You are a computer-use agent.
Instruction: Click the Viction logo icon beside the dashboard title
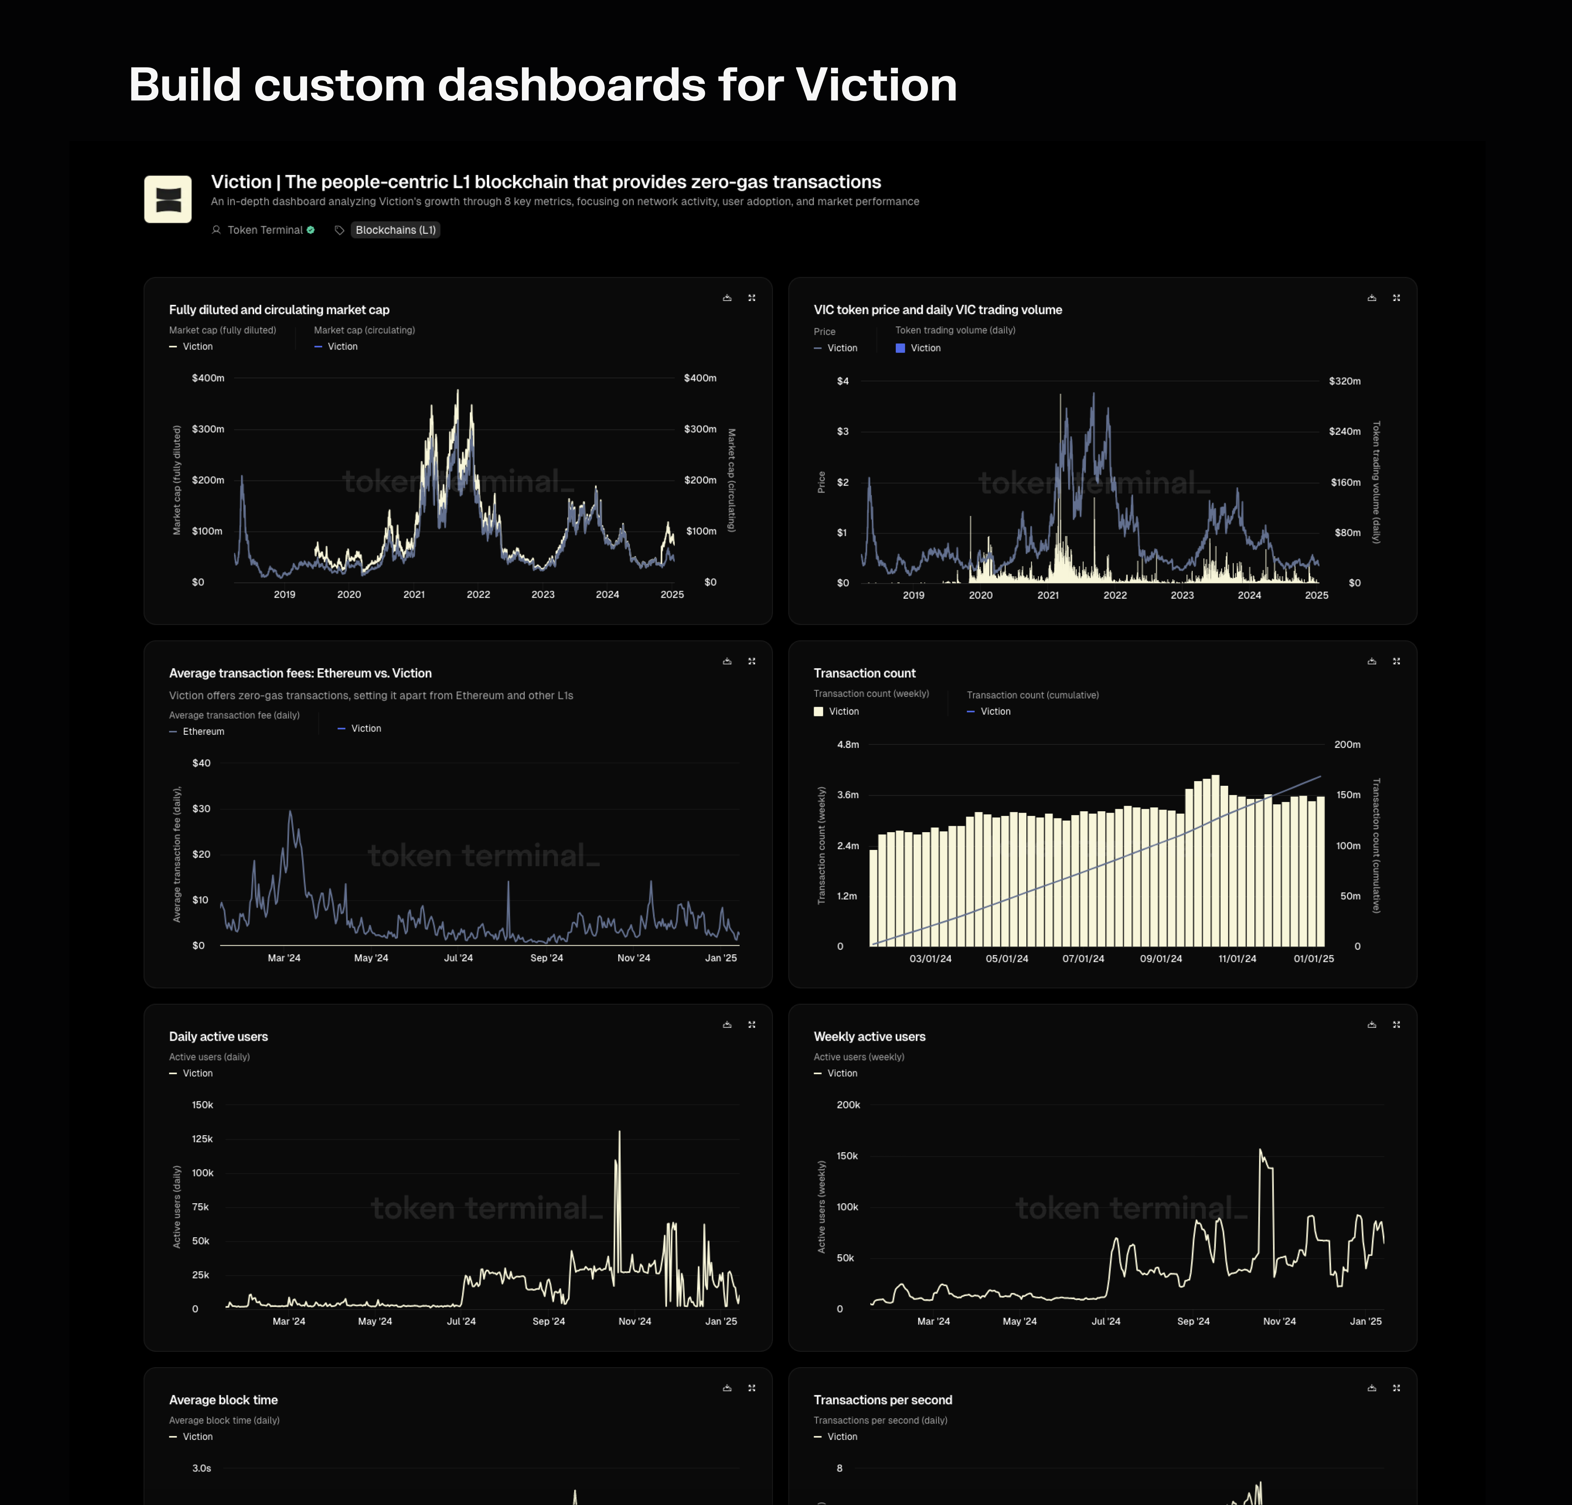tap(167, 199)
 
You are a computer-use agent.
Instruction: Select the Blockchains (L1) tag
tap(395, 230)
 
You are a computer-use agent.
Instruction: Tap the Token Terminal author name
tap(265, 230)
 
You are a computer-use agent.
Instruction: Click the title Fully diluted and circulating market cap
tap(279, 309)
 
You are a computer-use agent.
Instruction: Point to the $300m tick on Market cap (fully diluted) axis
tap(208, 429)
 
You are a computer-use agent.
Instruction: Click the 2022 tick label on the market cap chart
tap(478, 595)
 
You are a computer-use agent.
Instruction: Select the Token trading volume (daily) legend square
tap(900, 348)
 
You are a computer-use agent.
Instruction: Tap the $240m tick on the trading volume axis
tap(1344, 432)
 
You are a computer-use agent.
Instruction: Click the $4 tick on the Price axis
tap(842, 381)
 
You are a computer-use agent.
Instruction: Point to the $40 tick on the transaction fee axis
tap(201, 763)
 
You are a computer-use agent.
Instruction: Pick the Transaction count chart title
tap(864, 673)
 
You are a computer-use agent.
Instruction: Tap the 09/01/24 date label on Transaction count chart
tap(1161, 959)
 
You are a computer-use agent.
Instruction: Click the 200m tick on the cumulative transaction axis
tap(1346, 744)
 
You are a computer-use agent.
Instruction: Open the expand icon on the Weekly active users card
tap(1396, 1024)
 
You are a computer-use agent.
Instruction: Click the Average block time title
tap(223, 1400)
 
